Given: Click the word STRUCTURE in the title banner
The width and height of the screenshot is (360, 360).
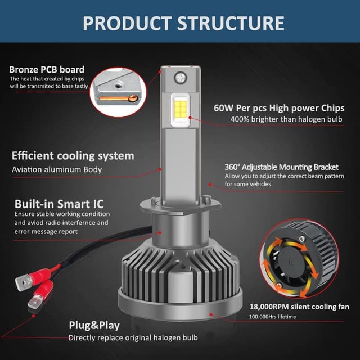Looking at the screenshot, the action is [x=231, y=23].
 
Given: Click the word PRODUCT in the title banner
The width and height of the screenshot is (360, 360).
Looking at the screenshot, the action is [x=128, y=23].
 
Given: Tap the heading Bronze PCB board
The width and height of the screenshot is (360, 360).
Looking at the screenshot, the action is [x=47, y=69].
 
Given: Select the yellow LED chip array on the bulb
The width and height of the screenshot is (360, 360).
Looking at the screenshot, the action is [x=180, y=109].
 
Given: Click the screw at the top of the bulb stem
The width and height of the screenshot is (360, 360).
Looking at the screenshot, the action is [x=181, y=78].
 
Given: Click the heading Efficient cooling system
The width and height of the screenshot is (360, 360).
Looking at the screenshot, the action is [x=73, y=156].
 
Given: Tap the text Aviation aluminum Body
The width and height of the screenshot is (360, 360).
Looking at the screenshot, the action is [x=57, y=169].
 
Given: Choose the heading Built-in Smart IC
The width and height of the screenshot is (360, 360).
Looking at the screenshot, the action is [x=59, y=204].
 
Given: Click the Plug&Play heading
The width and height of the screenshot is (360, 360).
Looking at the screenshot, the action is [x=94, y=326].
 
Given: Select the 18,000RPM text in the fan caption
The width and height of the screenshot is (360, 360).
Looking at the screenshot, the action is [x=269, y=307].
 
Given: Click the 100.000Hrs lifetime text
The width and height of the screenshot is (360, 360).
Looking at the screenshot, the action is [x=272, y=317].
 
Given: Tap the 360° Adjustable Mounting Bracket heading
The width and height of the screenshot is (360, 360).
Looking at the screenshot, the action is [x=281, y=167].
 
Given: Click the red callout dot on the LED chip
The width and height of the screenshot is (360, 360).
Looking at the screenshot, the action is [x=190, y=118].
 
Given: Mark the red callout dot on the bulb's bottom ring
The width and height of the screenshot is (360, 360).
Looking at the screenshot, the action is [x=211, y=314].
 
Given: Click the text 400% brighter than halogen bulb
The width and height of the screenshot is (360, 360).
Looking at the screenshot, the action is [x=286, y=119].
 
